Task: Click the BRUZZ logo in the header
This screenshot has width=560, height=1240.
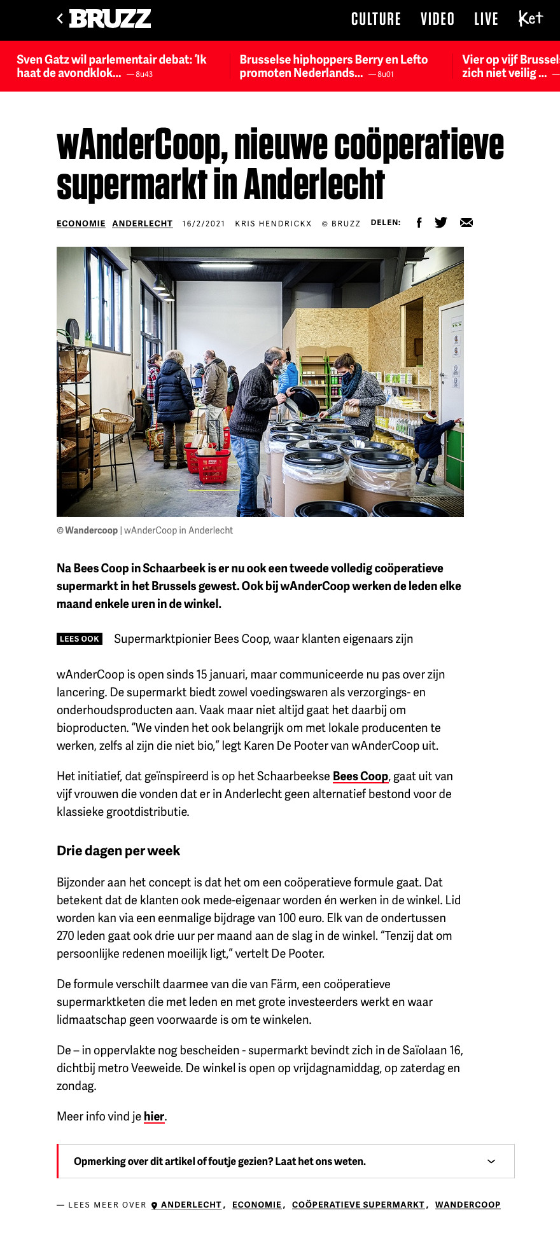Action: [109, 19]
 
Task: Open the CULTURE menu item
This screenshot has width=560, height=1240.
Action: [376, 19]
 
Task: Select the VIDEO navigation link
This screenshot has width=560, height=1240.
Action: [437, 19]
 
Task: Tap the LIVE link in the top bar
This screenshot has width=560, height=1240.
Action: [486, 19]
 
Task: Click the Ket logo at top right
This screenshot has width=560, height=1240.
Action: [531, 18]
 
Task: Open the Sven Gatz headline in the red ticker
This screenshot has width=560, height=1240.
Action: [111, 66]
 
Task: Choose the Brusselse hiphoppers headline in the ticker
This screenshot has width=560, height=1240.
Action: [333, 66]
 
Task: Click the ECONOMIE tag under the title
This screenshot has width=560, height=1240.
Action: [81, 223]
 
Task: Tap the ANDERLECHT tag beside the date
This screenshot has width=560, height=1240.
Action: [143, 223]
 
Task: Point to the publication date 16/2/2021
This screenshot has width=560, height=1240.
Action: [204, 223]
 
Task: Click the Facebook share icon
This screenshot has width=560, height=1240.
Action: [419, 223]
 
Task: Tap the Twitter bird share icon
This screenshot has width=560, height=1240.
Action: [441, 223]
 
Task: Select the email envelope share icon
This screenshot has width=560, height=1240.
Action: [466, 223]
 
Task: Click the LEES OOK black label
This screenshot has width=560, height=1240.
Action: [80, 639]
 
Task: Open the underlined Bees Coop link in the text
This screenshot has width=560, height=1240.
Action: [360, 776]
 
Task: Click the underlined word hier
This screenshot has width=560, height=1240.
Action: [154, 1117]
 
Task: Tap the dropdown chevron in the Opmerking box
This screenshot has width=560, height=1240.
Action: [491, 1161]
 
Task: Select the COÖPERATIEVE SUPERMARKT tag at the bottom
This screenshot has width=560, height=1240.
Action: [358, 1204]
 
